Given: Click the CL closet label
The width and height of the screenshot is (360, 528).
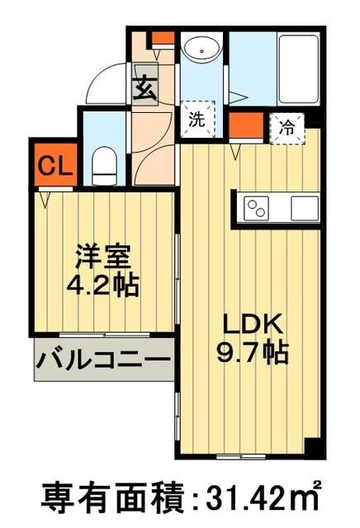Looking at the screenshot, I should pyautogui.click(x=54, y=166).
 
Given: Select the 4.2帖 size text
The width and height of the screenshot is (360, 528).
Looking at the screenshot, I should pyautogui.click(x=102, y=285).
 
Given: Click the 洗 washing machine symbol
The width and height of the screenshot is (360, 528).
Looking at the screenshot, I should pyautogui.click(x=197, y=119).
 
